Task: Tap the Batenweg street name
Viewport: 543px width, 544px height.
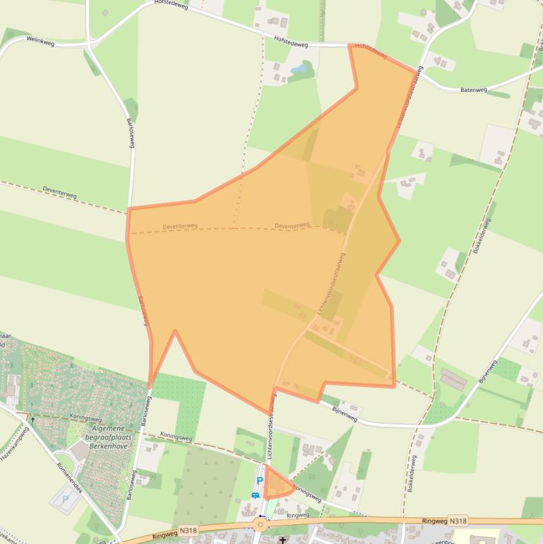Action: coord(474,90)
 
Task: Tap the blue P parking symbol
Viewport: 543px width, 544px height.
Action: coord(259,481)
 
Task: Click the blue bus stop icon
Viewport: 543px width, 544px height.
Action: coord(255,495)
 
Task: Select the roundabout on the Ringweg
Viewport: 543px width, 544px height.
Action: coord(261,524)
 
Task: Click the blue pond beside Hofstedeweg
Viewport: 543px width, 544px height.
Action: coord(299,68)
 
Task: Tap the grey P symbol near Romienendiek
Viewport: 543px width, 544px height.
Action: coord(66,499)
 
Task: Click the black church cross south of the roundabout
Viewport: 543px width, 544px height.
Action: coord(283,540)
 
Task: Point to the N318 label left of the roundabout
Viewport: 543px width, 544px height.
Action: coord(188,529)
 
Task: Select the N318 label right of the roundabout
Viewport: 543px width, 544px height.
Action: coord(458,521)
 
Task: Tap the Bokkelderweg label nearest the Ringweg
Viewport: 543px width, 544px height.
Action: coord(412,473)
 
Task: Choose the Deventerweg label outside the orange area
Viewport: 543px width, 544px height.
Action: coord(59,192)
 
